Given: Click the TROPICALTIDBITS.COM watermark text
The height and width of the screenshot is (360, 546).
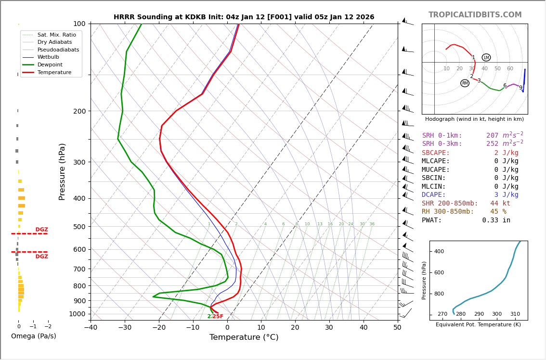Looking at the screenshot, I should pos(475,15).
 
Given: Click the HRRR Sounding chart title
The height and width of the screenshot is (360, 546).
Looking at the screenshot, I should pos(244,17).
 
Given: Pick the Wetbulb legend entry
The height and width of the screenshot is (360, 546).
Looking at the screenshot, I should pos(48,57).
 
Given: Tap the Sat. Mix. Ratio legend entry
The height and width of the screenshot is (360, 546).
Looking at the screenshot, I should pos(56,35).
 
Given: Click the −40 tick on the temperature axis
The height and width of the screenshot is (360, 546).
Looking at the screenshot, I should pos(91,328).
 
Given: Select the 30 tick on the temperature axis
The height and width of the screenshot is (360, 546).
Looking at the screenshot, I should pos(329,328).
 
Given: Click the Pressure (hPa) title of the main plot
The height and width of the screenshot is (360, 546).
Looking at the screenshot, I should pos(62,171).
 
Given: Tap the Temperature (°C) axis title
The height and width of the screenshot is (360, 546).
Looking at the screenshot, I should pos(244,337).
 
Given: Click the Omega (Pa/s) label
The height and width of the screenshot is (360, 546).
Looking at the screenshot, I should pos(33,336).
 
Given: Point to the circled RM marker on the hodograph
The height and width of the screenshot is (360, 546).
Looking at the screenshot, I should pos(465,83).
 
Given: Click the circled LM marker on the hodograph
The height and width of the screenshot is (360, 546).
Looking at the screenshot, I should pos(486,58).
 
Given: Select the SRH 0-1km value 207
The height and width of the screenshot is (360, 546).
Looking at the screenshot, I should pos(492,136).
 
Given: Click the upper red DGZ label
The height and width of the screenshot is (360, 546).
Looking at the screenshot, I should pos(41,230).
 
